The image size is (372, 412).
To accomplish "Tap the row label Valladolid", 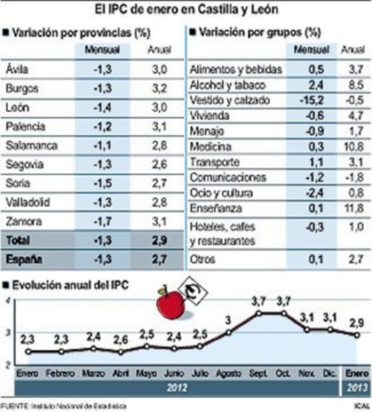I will pos(28,202).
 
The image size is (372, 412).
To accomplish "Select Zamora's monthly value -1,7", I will pos(102,221).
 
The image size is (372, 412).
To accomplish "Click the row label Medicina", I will pos(210,147).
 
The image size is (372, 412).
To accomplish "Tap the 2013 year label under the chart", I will pos(356,387).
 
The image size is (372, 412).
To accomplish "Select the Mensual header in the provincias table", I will pos(102,49).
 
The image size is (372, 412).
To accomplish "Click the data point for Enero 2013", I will pos(356,335).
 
